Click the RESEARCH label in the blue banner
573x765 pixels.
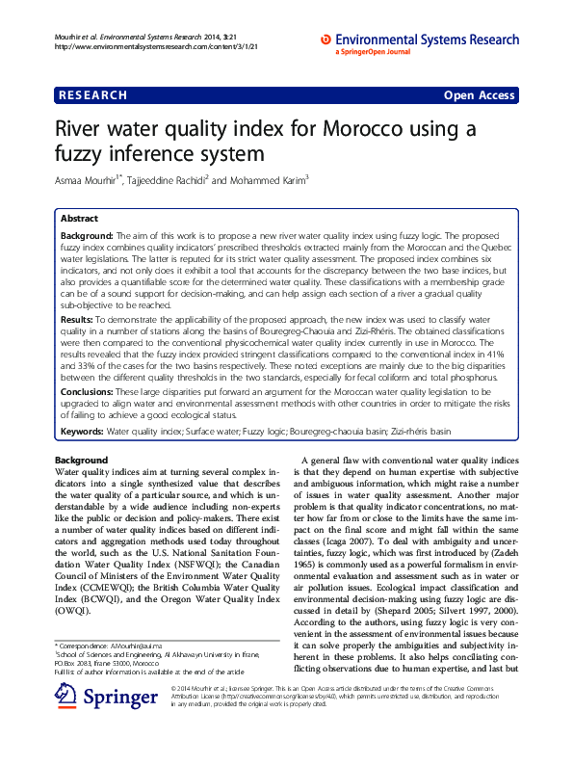(92, 95)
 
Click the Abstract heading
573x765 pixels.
(79, 220)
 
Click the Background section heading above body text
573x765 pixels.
(81, 460)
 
